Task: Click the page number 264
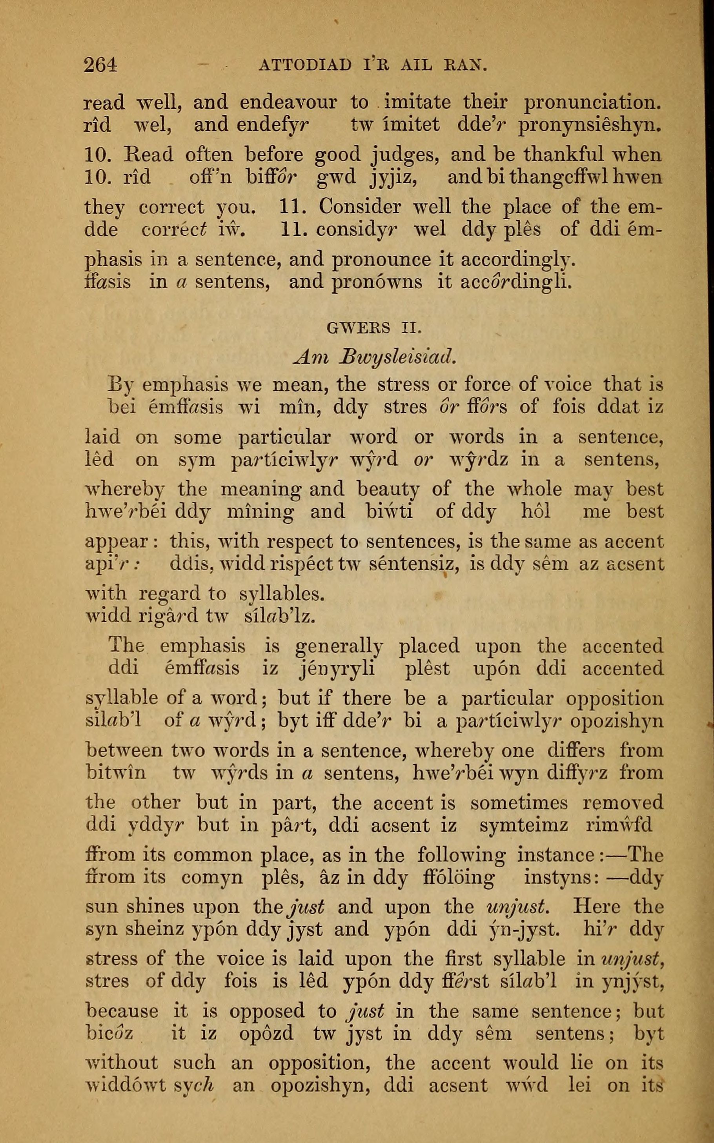[100, 64]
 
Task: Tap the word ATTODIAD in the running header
[305, 64]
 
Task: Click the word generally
[338, 646]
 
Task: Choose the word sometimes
[519, 803]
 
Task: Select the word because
[123, 1011]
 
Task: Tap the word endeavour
[288, 103]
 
